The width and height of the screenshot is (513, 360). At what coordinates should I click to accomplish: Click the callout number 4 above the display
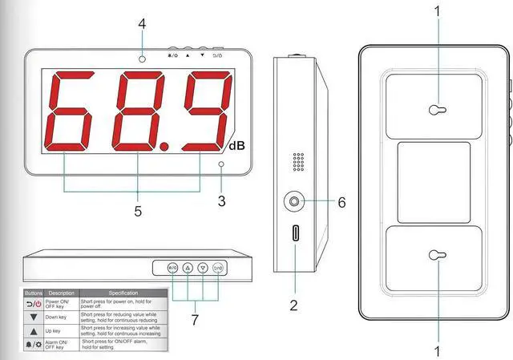point(142,24)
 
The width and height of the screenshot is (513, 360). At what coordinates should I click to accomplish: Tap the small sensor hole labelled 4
point(142,59)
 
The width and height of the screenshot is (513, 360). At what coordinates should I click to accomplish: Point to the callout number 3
point(221,196)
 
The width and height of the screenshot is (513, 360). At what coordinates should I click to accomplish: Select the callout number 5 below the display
point(138,212)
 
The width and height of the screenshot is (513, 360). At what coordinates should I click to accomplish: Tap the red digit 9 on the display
point(203,111)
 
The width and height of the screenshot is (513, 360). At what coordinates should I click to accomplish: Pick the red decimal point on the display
point(164,147)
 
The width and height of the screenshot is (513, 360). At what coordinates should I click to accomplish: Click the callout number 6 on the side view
point(341,203)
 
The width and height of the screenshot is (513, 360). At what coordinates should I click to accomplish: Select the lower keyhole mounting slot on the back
point(434,256)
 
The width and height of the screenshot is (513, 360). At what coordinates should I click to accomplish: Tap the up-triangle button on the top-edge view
point(188,268)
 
